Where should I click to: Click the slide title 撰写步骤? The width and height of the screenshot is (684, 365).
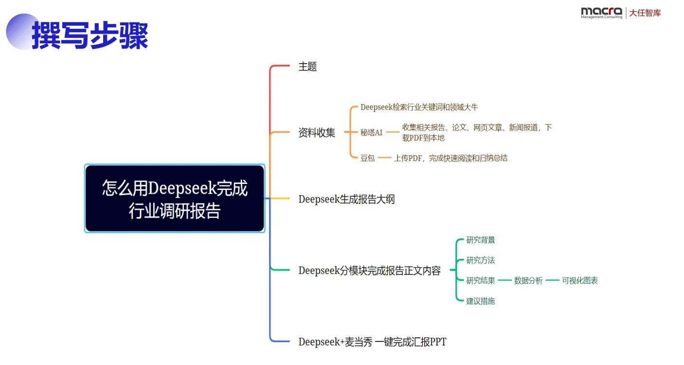90,35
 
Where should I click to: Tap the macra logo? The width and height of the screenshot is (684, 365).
601,12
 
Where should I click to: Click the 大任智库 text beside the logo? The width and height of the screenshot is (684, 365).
645,13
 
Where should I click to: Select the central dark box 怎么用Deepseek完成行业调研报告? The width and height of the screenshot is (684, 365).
175,199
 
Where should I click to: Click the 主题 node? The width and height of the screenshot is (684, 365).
307,67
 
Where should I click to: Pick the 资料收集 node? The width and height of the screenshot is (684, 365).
317,132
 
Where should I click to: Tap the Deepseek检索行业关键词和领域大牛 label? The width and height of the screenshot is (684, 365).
419,107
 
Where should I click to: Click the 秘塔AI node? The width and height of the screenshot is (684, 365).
371,132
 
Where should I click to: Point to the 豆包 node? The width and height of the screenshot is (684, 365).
367,158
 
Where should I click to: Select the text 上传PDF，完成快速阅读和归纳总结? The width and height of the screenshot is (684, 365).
450,158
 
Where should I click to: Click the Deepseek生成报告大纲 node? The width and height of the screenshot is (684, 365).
346,199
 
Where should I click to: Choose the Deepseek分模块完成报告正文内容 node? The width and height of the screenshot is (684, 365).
369,271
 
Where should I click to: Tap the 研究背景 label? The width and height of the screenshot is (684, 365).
481,240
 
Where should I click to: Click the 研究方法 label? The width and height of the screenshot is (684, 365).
481,260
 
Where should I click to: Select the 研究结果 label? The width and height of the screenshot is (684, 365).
481,281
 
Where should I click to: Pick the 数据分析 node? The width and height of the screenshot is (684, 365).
528,281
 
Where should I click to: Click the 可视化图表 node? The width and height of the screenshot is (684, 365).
580,281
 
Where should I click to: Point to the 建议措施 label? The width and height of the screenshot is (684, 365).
481,301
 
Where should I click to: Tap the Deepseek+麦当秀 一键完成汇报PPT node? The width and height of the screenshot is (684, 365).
372,342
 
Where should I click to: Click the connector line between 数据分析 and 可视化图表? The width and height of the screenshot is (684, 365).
552,281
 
